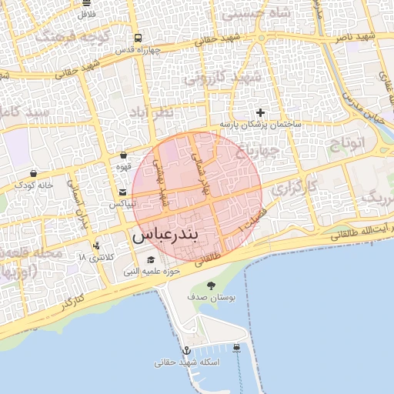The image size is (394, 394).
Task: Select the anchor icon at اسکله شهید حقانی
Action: tap(185, 349)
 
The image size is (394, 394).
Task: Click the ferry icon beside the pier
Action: tap(235, 348)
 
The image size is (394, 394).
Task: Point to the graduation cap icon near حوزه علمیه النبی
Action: tap(151, 259)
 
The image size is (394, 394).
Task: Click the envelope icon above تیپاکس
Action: tap(122, 192)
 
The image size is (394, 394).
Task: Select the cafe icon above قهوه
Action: tap(123, 155)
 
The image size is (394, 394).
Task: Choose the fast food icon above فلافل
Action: tap(86, 3)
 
